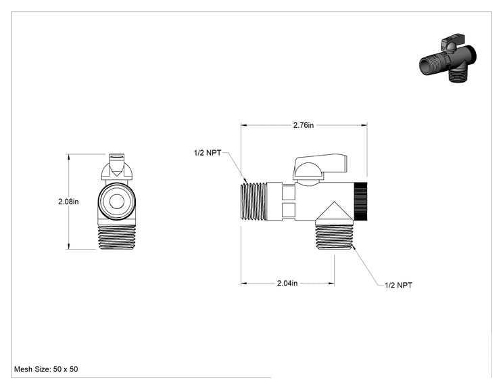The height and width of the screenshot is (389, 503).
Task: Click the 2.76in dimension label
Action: pyautogui.click(x=303, y=125)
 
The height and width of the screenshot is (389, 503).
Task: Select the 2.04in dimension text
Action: pyautogui.click(x=287, y=283)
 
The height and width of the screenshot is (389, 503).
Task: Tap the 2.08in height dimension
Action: pyautogui.click(x=68, y=202)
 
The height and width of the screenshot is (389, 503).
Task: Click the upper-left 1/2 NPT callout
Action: pyautogui.click(x=208, y=153)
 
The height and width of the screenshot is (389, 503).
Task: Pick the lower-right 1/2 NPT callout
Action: pyautogui.click(x=398, y=285)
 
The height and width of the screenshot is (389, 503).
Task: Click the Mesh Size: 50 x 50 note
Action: pyautogui.click(x=46, y=369)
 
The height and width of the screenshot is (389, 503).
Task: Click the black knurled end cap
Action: pyautogui.click(x=360, y=201)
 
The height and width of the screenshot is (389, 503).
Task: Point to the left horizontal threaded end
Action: pyautogui.click(x=254, y=202)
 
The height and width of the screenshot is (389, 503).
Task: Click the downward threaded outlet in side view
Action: pyautogui.click(x=334, y=237)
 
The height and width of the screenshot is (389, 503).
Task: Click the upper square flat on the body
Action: pyautogui.click(x=289, y=192)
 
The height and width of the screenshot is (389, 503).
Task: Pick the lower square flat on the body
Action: pyautogui.click(x=289, y=210)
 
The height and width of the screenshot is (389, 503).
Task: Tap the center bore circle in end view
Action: pyautogui.click(x=116, y=202)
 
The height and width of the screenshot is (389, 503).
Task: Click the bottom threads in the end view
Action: pyautogui.click(x=116, y=237)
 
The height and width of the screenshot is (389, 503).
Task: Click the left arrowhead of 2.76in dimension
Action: pyautogui.click(x=244, y=125)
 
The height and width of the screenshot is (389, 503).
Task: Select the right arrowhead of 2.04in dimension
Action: pyautogui.click(x=331, y=283)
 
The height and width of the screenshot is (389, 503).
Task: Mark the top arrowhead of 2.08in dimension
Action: pyautogui.click(x=68, y=157)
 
